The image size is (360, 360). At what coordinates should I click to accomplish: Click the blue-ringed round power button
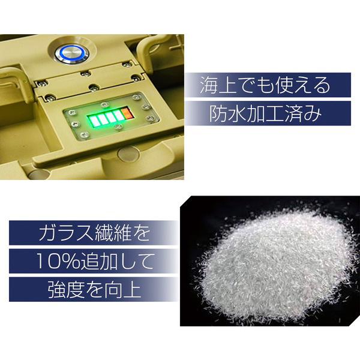click(x=72, y=53)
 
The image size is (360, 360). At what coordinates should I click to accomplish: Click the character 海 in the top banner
click(x=209, y=85)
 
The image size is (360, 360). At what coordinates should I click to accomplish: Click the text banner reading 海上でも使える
click(x=268, y=85)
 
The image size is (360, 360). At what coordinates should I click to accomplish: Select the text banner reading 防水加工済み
click(x=268, y=113)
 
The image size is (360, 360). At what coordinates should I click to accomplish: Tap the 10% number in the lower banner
click(x=58, y=261)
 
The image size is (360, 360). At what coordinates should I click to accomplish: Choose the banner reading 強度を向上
click(x=94, y=289)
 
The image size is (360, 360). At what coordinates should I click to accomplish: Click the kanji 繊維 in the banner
click(x=113, y=233)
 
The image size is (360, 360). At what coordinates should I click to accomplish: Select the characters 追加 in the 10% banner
click(x=99, y=261)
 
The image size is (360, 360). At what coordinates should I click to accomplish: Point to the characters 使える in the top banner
click(x=303, y=85)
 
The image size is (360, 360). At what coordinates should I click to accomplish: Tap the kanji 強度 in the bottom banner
click(x=65, y=290)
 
